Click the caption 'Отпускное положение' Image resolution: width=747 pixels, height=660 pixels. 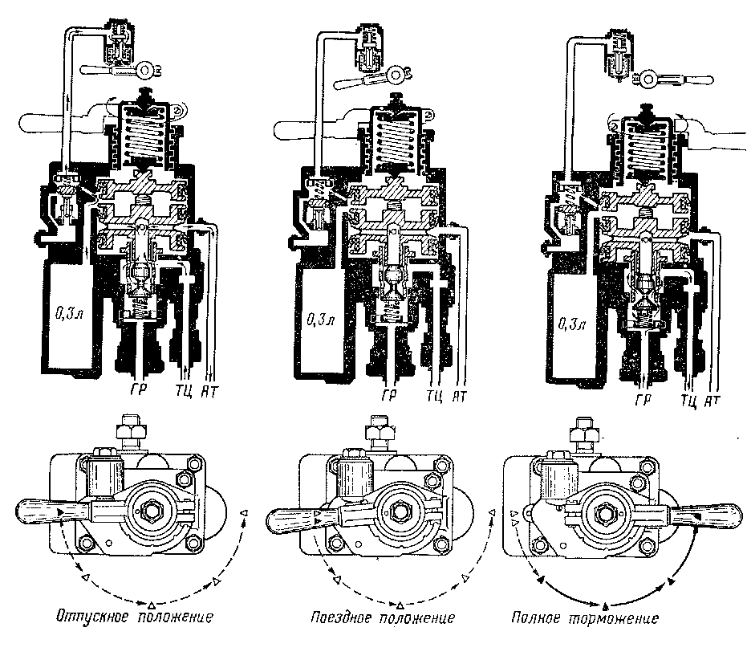134,618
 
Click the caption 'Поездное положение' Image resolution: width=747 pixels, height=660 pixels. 383,618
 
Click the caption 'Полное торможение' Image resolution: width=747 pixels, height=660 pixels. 585,618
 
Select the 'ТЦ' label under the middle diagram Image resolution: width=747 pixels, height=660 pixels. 436,394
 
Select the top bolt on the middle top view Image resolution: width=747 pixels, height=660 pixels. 376,434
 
